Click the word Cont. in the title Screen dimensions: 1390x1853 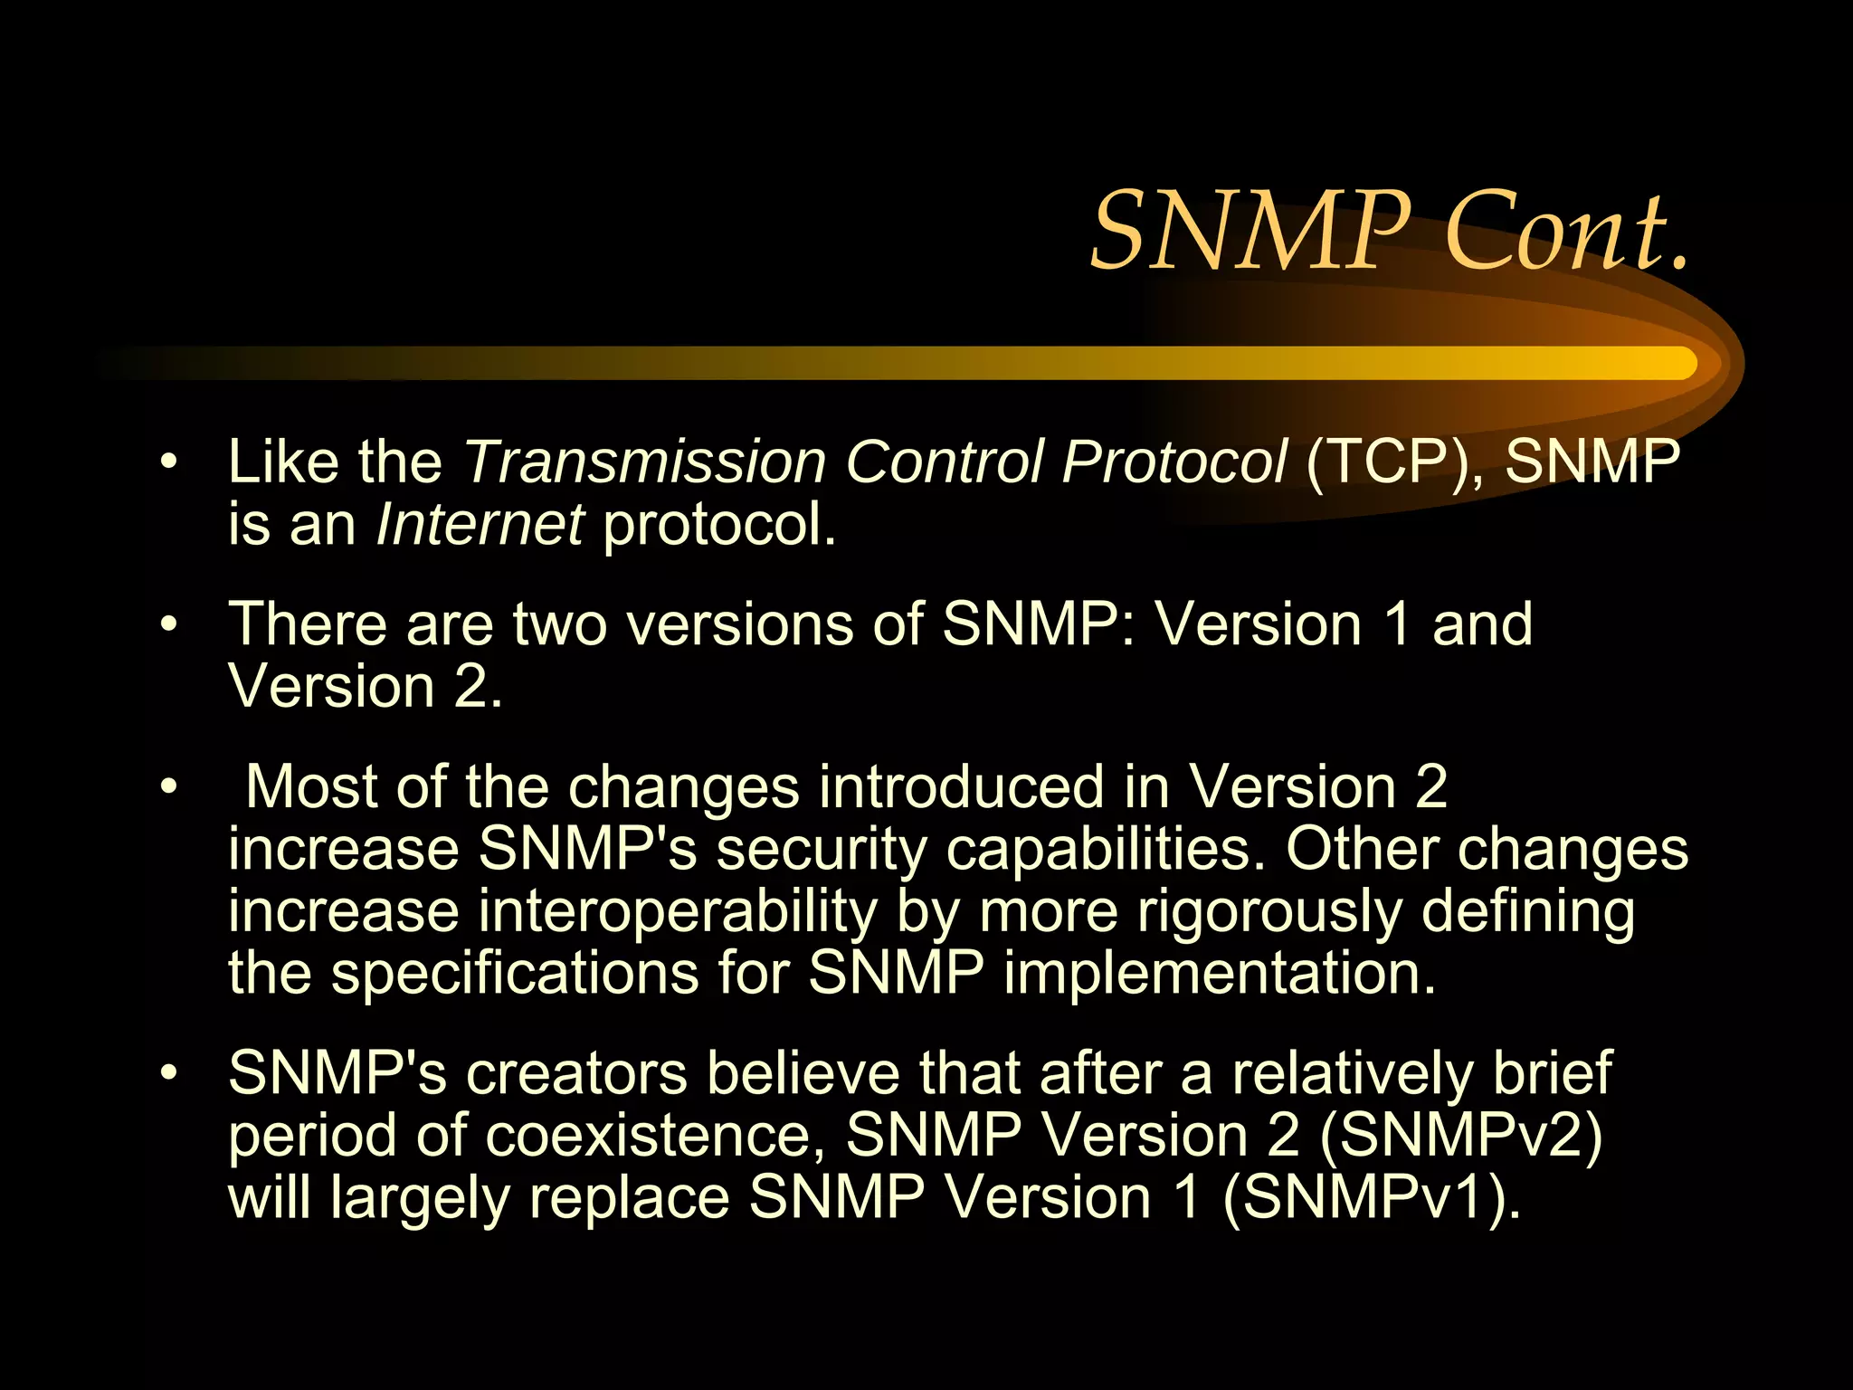tap(1568, 232)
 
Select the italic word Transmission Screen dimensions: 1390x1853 tap(645, 462)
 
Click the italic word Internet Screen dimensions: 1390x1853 tap(480, 524)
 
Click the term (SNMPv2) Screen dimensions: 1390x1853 tap(1460, 1135)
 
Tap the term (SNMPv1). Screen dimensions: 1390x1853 tap(1372, 1197)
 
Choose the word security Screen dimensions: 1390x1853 tap(822, 849)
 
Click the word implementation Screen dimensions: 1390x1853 tap(1220, 973)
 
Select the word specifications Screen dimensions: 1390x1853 tap(515, 973)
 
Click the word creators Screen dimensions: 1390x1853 tap(577, 1074)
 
